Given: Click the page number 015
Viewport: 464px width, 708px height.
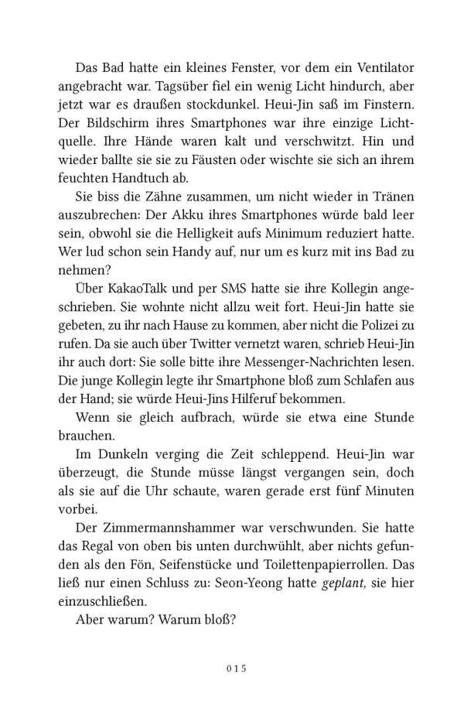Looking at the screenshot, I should click(231, 668).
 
